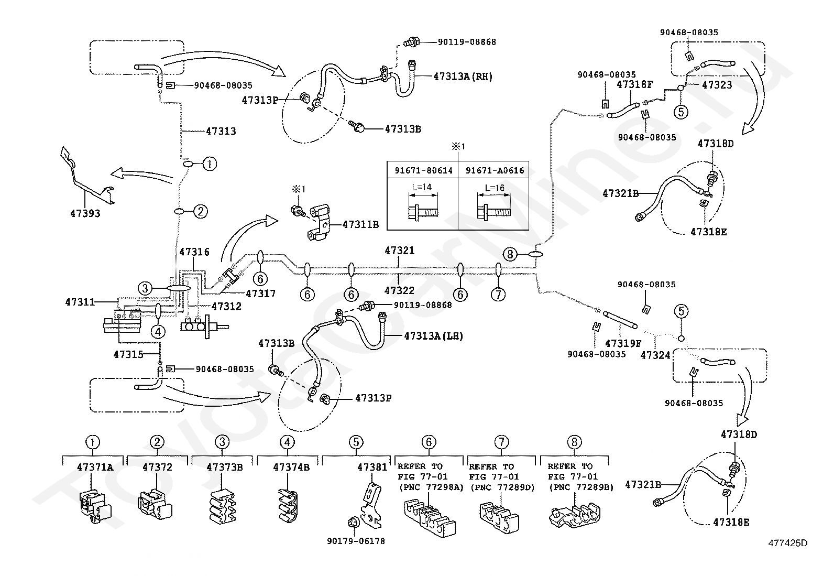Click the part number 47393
(85, 213)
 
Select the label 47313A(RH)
(463, 76)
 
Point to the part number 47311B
(360, 224)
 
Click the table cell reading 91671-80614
(422, 170)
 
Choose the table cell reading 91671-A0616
(495, 170)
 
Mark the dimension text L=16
(494, 188)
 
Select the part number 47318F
(634, 84)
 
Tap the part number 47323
(717, 84)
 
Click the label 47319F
(623, 343)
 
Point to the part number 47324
(655, 355)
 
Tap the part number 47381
(372, 466)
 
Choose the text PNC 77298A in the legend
(431, 487)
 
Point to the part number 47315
(128, 354)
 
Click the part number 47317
(260, 294)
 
